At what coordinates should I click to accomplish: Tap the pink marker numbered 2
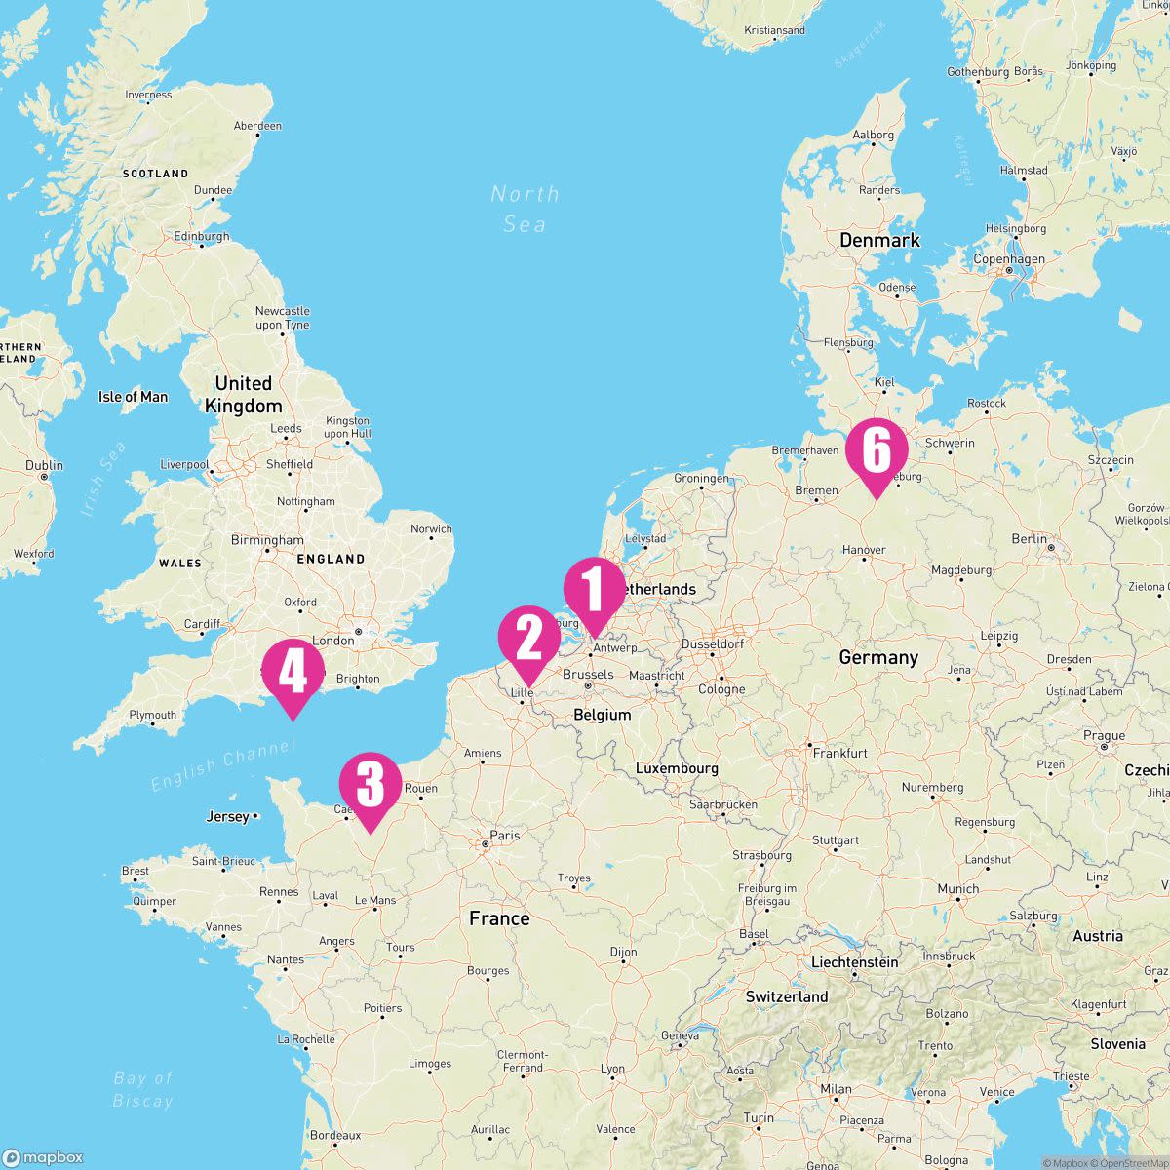coord(528,639)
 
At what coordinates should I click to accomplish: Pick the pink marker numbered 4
coord(292,672)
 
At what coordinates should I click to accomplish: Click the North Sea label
coord(525,209)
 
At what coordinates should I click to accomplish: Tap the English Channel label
coord(223,765)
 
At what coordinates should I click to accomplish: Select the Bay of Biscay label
coord(142,1089)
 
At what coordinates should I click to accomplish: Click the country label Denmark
coord(879,240)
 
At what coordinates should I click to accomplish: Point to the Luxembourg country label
coord(677,768)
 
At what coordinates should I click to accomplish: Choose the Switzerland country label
coord(787,996)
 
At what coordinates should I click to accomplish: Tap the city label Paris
coord(505,836)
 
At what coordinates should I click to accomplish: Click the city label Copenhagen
coord(1009,259)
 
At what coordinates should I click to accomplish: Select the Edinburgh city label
coord(201,236)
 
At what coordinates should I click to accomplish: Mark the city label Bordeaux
coord(335,1135)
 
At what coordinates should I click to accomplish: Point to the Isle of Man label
coord(133,397)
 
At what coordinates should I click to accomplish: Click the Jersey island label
coord(227,816)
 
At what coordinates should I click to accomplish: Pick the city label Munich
coord(957,889)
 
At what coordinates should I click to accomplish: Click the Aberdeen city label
coord(257,126)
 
